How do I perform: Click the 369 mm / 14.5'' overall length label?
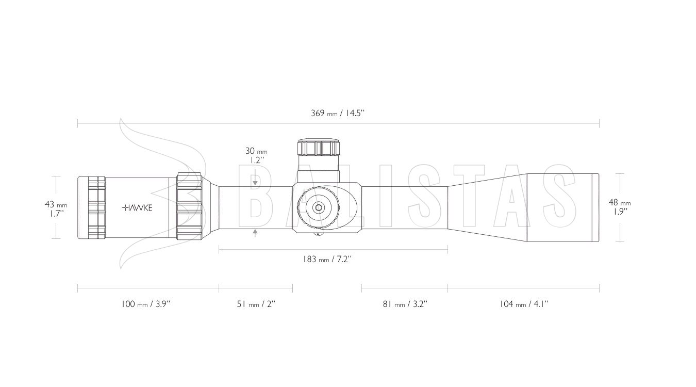(x=338, y=113)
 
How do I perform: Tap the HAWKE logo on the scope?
(x=137, y=208)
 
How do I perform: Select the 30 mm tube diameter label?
(x=256, y=151)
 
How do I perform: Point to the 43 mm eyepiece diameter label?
(x=56, y=205)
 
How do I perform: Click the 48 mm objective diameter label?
(x=620, y=203)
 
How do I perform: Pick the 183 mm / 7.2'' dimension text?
(x=327, y=259)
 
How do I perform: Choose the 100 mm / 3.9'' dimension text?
(x=146, y=304)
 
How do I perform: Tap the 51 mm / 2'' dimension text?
(x=256, y=304)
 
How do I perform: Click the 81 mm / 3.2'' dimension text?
(x=405, y=304)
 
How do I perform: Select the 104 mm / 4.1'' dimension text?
(x=524, y=304)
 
